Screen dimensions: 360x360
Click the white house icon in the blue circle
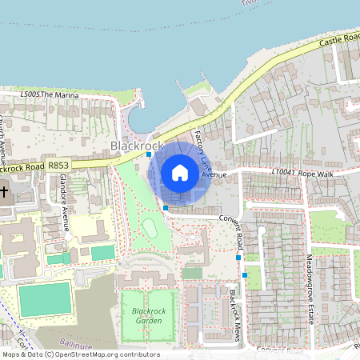point(180,173)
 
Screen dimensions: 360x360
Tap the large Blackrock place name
point(137,146)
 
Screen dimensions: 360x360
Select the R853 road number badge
point(58,165)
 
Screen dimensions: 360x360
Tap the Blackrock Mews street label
point(231,313)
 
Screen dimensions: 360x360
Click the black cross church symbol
point(4,193)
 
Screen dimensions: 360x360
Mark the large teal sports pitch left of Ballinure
point(45,300)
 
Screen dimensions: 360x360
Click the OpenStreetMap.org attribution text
point(105,354)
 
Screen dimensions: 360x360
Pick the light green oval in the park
point(150,229)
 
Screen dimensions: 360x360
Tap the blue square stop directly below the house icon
point(166,207)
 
